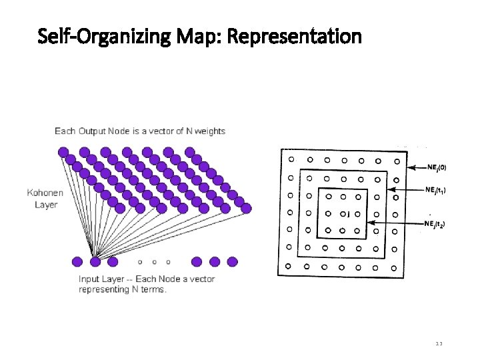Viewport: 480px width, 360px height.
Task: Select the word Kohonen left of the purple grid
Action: tap(45, 193)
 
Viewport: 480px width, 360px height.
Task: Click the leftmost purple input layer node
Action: tap(77, 261)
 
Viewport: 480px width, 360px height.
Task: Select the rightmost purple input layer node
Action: tap(232, 261)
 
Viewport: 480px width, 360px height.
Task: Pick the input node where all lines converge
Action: tap(95, 261)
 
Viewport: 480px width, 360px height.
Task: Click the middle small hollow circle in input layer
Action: tap(154, 262)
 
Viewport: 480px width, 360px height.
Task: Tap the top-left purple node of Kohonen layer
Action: tap(63, 153)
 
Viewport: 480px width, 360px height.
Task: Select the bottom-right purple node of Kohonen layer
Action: tap(246, 209)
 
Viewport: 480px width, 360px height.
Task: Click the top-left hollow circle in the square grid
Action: tap(291, 159)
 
